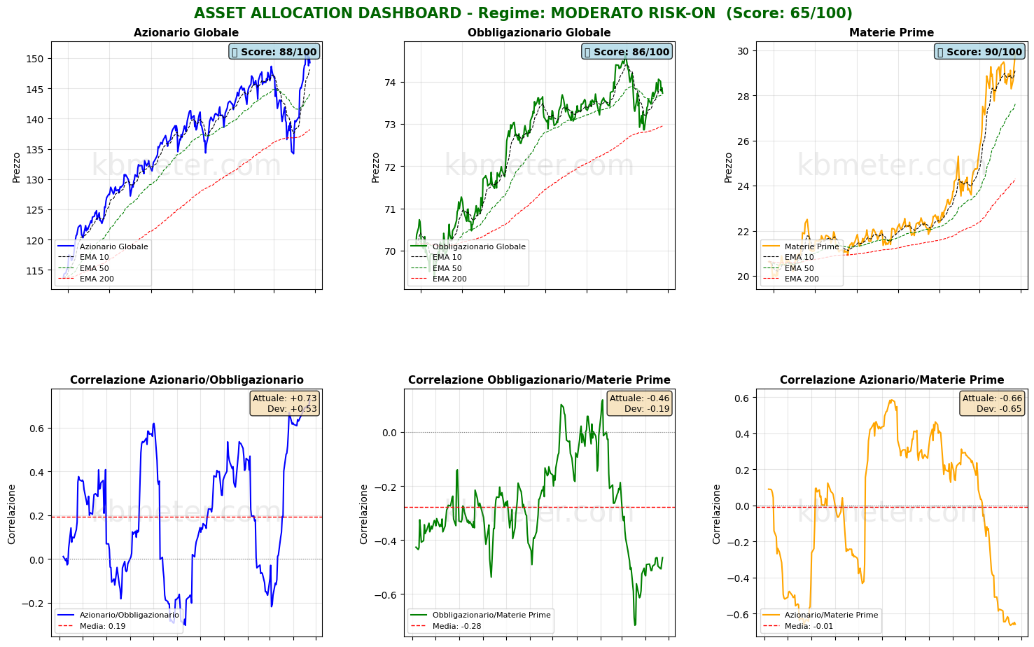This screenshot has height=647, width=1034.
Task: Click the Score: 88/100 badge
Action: tap(274, 52)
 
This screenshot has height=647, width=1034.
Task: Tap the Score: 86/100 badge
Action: tap(627, 52)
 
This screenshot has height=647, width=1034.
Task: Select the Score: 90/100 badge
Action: tap(979, 52)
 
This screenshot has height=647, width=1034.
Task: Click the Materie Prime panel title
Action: tap(891, 33)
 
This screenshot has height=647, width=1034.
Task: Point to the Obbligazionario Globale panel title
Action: tap(539, 33)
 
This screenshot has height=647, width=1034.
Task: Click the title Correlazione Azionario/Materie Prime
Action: tap(891, 380)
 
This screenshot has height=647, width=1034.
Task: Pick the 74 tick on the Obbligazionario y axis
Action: tap(390, 83)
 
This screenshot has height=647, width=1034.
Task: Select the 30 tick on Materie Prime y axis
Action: tap(742, 51)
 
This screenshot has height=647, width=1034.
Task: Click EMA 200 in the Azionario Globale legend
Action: tap(97, 279)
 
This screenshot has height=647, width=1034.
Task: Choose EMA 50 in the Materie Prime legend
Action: tap(799, 268)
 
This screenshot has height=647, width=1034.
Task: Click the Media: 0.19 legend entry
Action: tap(102, 626)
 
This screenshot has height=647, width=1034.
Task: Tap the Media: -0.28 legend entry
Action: tap(456, 626)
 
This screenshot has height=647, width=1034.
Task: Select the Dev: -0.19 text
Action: tap(646, 409)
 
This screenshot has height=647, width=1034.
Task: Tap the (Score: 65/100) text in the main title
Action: tap(789, 13)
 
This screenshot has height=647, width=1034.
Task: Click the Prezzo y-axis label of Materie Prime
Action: tap(729, 167)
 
